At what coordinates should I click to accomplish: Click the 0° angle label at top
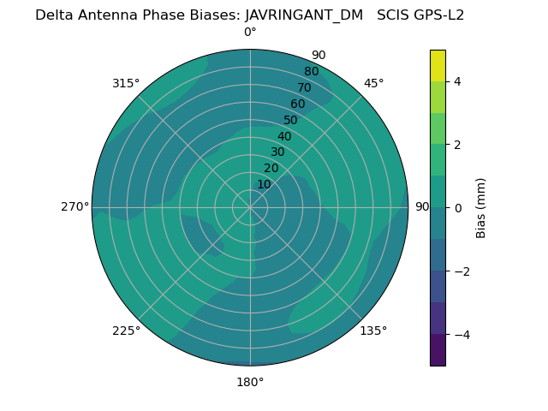tap(250, 33)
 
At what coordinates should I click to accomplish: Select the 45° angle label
tap(373, 83)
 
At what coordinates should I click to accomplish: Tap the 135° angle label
tap(373, 331)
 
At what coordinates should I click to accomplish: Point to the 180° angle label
tap(250, 382)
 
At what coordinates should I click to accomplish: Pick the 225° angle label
tap(126, 331)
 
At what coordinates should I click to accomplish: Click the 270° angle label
tap(74, 206)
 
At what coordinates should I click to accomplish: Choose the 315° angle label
tap(126, 83)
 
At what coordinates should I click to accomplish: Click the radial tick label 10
tap(264, 184)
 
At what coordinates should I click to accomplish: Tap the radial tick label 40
tap(284, 136)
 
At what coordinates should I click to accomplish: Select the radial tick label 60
tap(298, 104)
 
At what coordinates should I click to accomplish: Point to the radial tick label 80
tap(312, 71)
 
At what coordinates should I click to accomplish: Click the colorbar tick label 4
tap(457, 81)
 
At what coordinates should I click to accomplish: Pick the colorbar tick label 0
tap(457, 208)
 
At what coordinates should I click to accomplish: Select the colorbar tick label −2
tap(460, 271)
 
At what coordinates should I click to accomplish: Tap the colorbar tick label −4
tap(460, 335)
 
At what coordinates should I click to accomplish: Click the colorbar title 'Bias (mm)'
tap(481, 208)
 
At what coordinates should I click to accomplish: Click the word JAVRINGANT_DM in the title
tap(304, 15)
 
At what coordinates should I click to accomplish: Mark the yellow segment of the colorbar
tap(438, 65)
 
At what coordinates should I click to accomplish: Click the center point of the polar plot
tap(250, 207)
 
